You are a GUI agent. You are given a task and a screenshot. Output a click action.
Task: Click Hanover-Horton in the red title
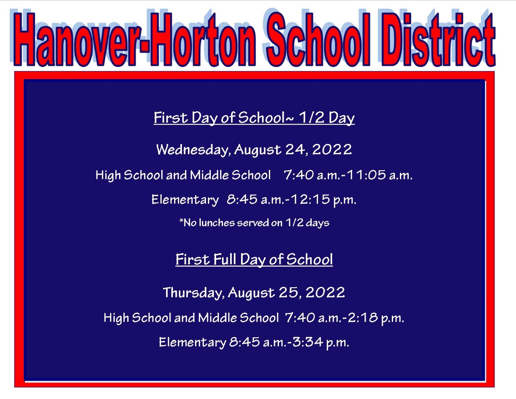(x=135, y=40)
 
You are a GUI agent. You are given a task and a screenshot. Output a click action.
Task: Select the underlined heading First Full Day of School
(x=254, y=259)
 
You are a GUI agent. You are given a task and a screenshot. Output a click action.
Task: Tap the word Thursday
(x=193, y=292)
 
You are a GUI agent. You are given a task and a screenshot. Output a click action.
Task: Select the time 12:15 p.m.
(x=323, y=199)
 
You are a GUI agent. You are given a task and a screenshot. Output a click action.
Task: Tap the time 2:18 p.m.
(x=376, y=318)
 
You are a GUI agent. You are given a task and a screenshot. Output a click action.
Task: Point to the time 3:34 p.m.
(x=321, y=343)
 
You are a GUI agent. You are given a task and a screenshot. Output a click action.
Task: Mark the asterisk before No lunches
(x=181, y=221)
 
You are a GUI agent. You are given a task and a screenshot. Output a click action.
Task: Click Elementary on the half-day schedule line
(x=185, y=200)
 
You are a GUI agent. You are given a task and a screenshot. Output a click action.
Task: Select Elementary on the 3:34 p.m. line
(x=192, y=343)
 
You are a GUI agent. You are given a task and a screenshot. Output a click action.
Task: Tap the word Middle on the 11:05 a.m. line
(x=209, y=175)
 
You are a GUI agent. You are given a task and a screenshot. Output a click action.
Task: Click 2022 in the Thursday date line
(x=325, y=292)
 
